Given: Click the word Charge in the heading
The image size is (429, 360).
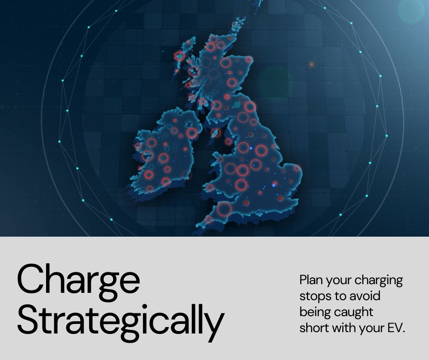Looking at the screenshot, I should tap(78, 280).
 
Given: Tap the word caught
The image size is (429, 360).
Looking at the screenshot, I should tap(356, 312).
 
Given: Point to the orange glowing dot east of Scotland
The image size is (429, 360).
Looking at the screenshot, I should tap(312, 64).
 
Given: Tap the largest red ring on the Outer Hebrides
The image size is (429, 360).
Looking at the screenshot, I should tap(180, 56).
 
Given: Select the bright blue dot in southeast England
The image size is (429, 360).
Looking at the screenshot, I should tap(274, 185).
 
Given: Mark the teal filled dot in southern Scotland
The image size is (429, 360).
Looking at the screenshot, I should tap(237, 105).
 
